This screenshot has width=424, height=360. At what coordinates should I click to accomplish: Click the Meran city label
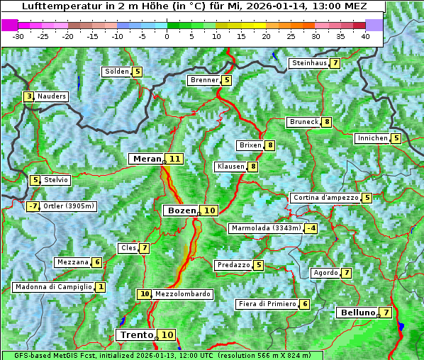pos(146,159)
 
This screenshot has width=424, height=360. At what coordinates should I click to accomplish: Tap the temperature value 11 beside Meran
pos(174,159)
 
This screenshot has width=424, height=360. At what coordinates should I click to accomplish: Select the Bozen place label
pos(181,210)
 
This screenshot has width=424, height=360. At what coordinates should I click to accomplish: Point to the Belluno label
pos(357,313)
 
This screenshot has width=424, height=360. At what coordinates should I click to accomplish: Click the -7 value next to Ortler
pos(33,206)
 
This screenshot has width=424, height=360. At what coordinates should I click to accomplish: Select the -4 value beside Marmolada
pos(311,228)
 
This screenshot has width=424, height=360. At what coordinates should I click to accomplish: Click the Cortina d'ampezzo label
pos(325,198)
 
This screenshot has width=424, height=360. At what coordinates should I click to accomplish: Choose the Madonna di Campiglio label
pos(53,287)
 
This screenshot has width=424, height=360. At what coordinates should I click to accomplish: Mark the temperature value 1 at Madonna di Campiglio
pos(101,287)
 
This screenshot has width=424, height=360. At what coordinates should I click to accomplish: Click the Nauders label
pos(52,96)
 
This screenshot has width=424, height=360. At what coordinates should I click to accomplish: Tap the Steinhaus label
pos(309,63)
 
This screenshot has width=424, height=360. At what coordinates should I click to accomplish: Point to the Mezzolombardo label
pos(182,294)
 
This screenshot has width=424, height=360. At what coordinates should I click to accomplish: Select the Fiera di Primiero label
pos(267,304)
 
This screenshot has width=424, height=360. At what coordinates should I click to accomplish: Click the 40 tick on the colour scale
pos(366,36)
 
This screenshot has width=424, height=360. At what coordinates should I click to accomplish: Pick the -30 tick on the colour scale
pos(18,36)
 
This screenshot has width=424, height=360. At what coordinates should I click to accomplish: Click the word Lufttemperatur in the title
pos(54,6)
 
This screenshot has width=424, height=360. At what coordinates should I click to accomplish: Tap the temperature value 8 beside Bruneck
pos(326,122)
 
